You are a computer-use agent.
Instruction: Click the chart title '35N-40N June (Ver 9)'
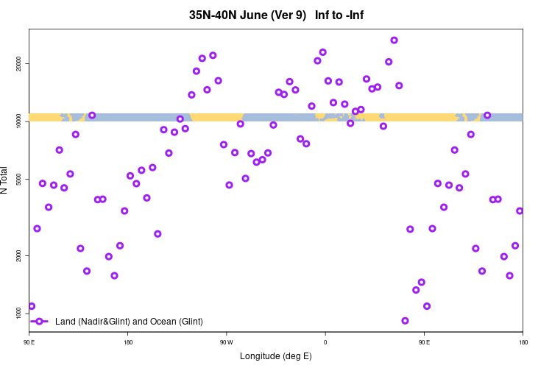[247, 15]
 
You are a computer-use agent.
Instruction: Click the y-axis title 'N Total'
[7, 180]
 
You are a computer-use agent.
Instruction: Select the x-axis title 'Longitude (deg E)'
[276, 356]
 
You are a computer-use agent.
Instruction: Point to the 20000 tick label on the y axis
[18, 64]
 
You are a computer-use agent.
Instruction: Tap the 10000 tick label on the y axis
[18, 121]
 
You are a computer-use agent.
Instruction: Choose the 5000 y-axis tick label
[18, 180]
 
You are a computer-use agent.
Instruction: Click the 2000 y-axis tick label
[18, 255]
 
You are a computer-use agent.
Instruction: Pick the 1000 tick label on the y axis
[18, 313]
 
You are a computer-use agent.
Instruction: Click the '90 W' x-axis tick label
[226, 342]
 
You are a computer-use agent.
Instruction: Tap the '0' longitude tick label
[325, 342]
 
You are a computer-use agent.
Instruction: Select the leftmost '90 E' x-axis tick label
[29, 342]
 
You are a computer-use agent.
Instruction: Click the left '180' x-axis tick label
[128, 342]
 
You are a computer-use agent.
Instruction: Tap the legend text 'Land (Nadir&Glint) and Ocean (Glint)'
[129, 322]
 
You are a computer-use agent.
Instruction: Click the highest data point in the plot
[394, 40]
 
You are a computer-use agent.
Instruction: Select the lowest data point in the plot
[405, 320]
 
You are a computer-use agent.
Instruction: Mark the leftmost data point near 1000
[32, 306]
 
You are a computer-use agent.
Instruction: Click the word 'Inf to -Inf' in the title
[339, 15]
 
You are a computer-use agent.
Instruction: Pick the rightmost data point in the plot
[520, 211]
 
